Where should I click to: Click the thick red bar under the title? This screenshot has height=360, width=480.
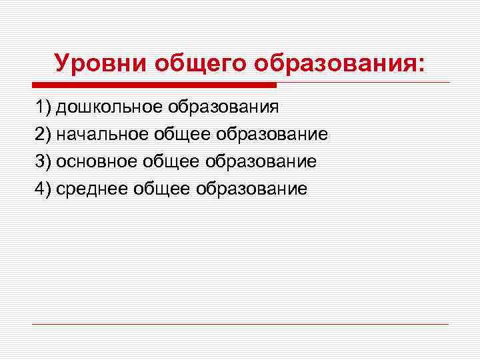click(x=154, y=85)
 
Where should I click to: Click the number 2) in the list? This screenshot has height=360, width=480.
click(x=43, y=134)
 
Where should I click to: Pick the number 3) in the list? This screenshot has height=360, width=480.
click(x=43, y=161)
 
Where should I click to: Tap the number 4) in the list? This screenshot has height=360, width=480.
click(x=43, y=189)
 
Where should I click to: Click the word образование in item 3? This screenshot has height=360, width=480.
click(x=261, y=161)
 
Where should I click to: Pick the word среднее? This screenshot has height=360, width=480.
click(x=93, y=189)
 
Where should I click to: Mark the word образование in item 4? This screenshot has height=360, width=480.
click(x=251, y=189)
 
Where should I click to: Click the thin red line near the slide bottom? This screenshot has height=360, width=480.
click(x=240, y=324)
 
